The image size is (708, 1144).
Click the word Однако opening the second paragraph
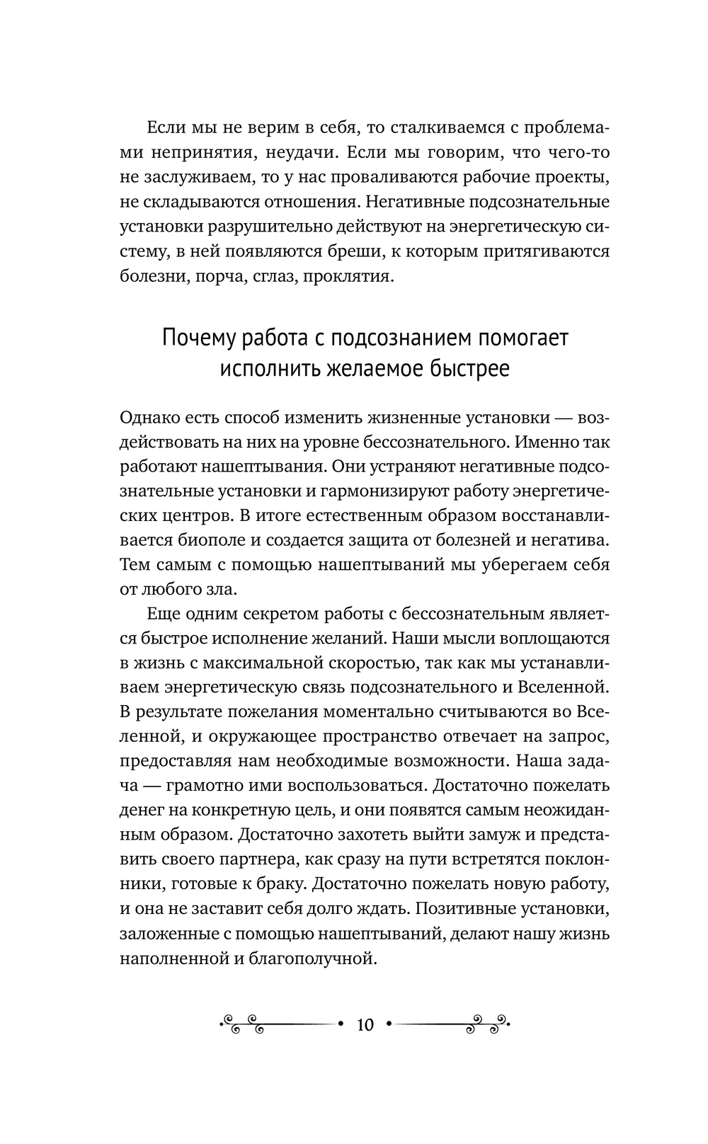pos(152,418)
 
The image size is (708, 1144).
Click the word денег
pos(142,810)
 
